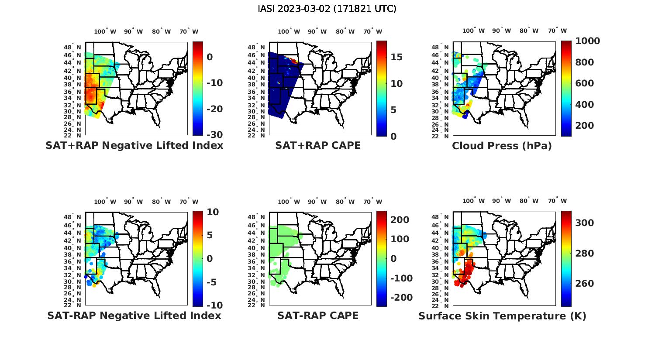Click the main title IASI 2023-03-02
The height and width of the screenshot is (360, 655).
pos(327,9)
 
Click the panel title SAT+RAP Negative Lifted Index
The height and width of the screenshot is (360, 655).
pos(134,146)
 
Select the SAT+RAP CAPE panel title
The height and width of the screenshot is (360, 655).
pos(318,146)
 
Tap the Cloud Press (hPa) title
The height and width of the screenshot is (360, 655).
pos(502,146)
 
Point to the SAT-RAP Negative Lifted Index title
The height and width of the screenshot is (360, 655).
pos(134,315)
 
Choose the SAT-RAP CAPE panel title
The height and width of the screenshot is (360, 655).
pos(318,315)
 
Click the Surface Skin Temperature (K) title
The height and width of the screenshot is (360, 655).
pos(502,316)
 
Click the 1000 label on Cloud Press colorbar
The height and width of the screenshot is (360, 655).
pos(587,41)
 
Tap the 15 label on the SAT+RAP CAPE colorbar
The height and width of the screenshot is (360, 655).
pos(396,57)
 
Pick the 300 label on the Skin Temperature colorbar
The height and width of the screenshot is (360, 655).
pos(585,223)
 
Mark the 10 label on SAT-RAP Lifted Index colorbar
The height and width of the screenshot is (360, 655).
pos(213,212)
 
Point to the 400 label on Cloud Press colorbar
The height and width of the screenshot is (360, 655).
pos(585,105)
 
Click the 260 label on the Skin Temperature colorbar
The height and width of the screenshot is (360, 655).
pos(585,284)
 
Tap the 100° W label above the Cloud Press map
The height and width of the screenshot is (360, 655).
pos(473,31)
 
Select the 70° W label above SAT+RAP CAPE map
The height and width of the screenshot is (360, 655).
pos(372,31)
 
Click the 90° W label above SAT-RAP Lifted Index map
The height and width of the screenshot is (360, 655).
pos(133,202)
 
